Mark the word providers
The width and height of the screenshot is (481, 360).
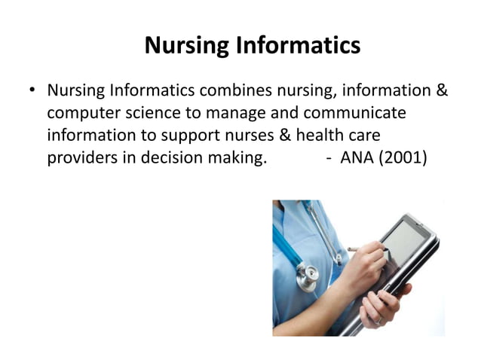click(82, 159)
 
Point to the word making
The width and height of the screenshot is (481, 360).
click(240, 159)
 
